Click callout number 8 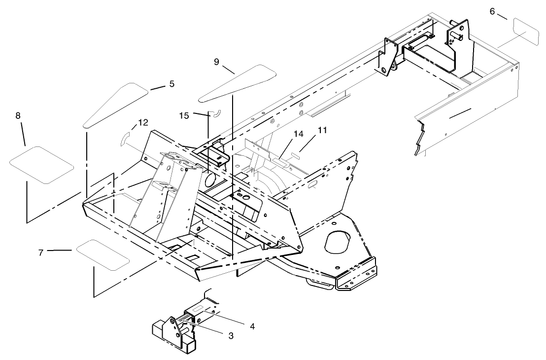[x=18, y=116]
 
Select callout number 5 [x=171, y=84]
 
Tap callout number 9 [x=216, y=62]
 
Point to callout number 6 [x=492, y=11]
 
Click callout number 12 [x=143, y=122]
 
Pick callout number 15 [x=184, y=116]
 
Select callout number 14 [x=298, y=133]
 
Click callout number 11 [x=322, y=130]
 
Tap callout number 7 [x=41, y=252]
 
